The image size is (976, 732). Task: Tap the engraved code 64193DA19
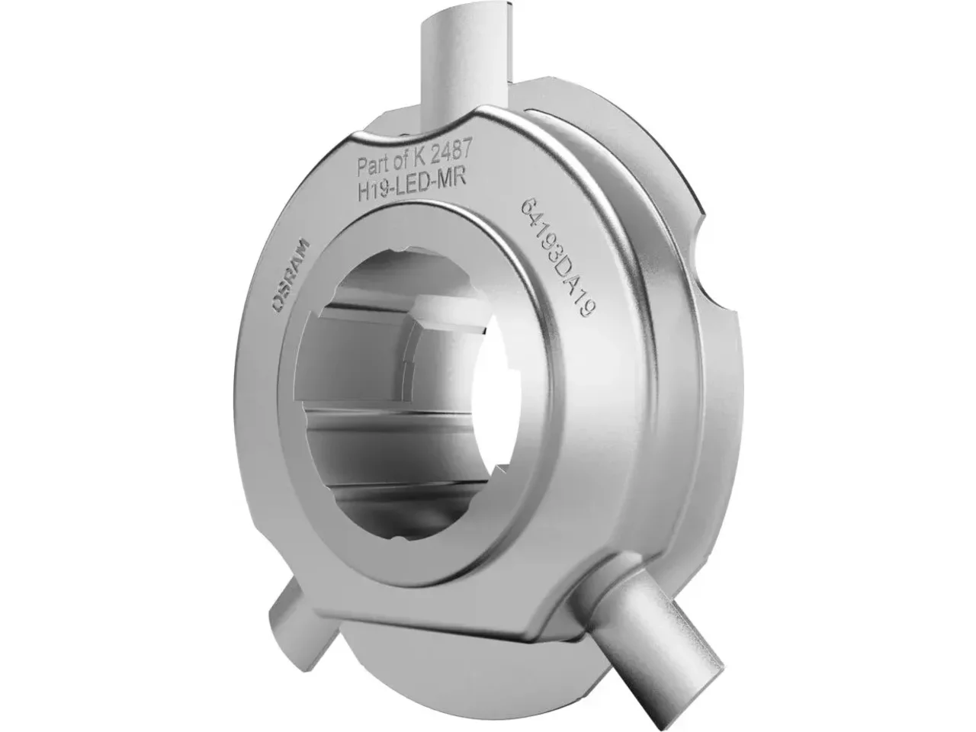(x=557, y=257)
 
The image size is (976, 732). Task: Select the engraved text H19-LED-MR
(x=411, y=181)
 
